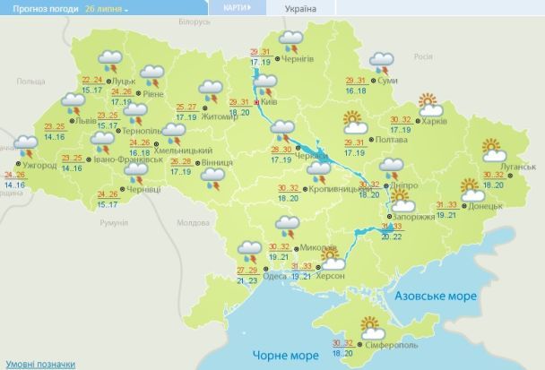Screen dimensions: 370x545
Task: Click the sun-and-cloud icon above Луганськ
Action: [491, 149]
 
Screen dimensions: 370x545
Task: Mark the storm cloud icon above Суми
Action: [382, 62]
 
